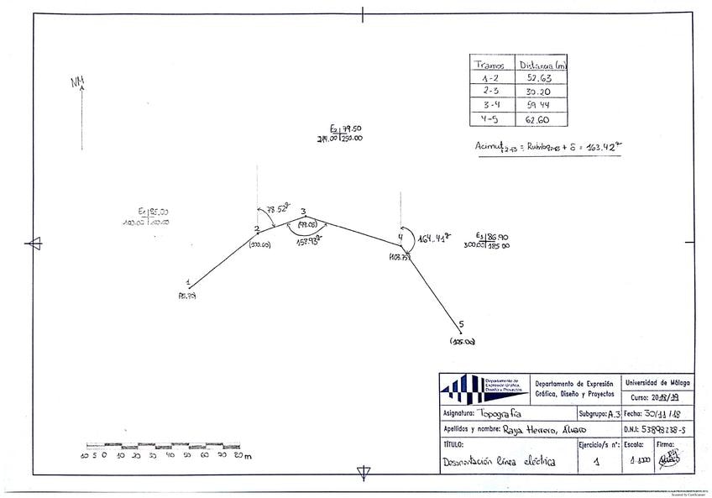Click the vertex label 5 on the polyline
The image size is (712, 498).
461,323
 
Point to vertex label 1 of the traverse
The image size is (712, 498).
188,283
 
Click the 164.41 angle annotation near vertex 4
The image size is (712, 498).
435,239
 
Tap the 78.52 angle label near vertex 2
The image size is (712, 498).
277,209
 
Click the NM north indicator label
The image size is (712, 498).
78,81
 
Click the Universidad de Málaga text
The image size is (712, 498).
654,382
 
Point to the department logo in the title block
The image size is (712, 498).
483,388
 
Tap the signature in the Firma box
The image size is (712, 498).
668,459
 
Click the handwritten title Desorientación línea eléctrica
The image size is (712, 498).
499,461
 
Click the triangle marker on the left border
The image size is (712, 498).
34,244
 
